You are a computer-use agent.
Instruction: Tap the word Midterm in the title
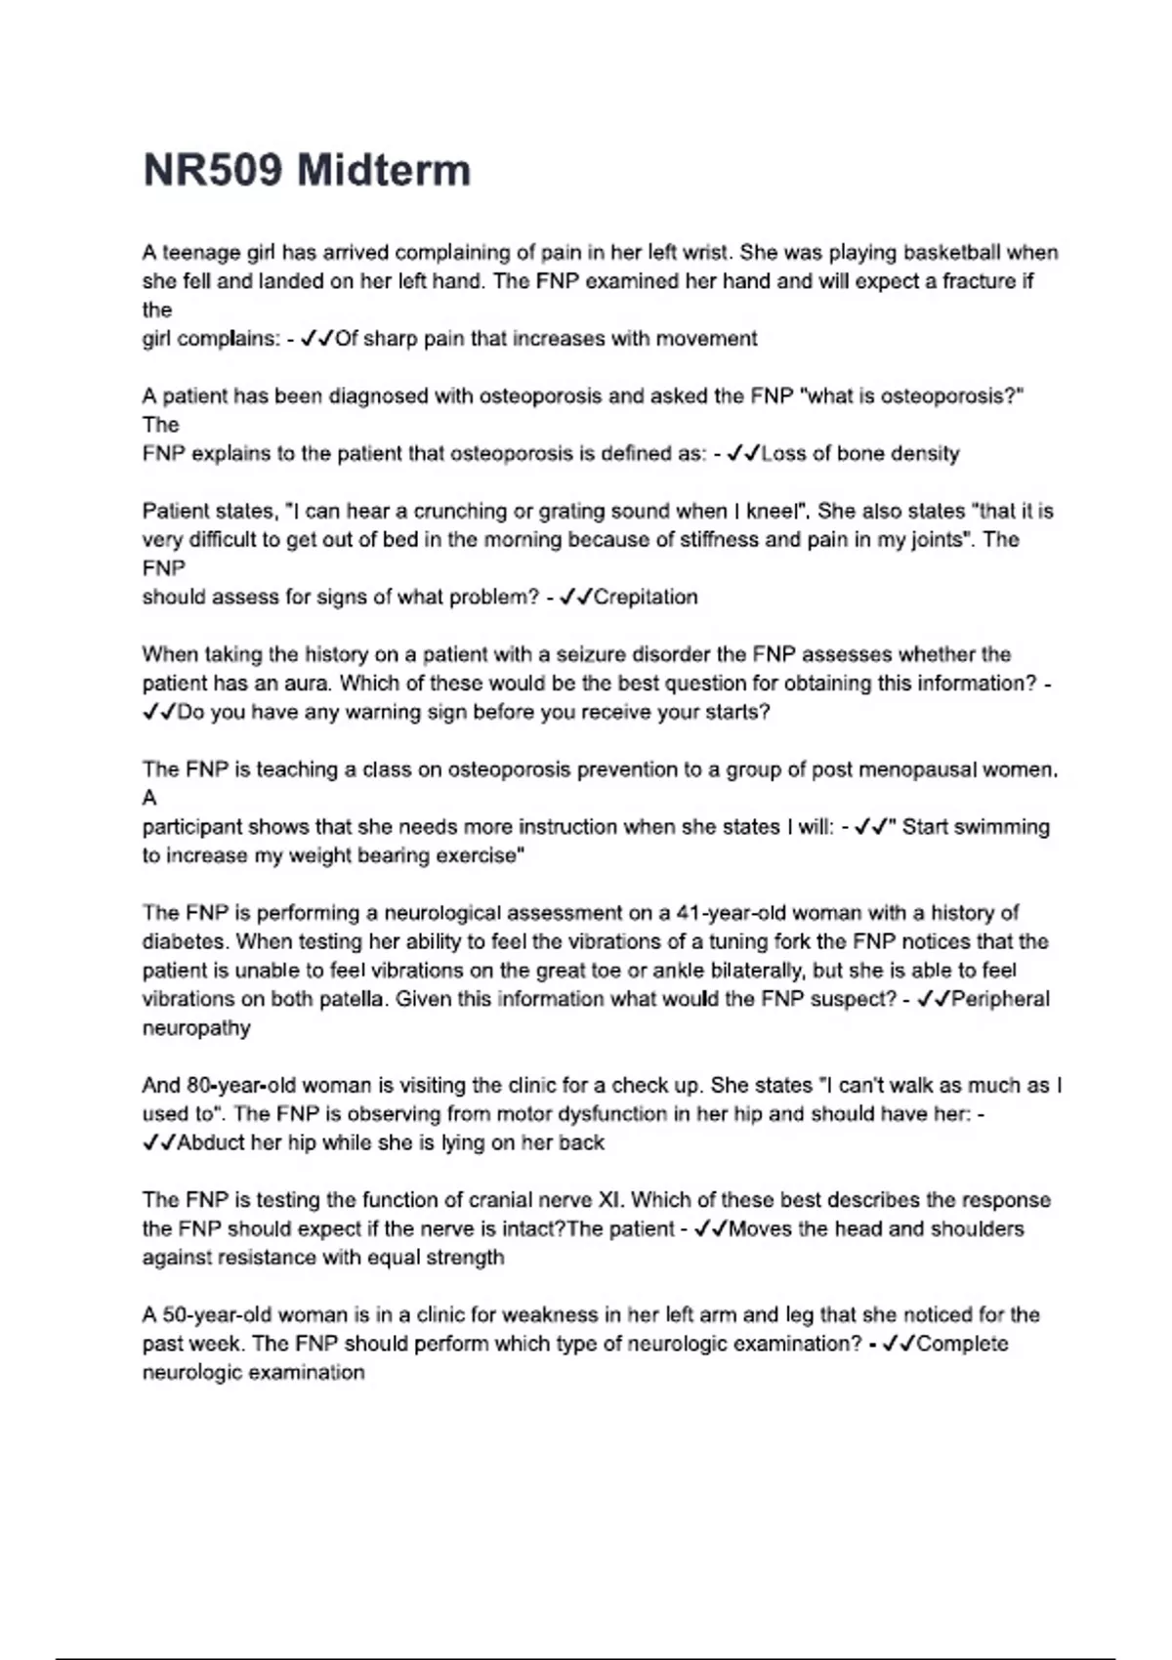tap(383, 170)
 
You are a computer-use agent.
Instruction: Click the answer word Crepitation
tap(646, 597)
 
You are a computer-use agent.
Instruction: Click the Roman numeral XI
tap(609, 1200)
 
